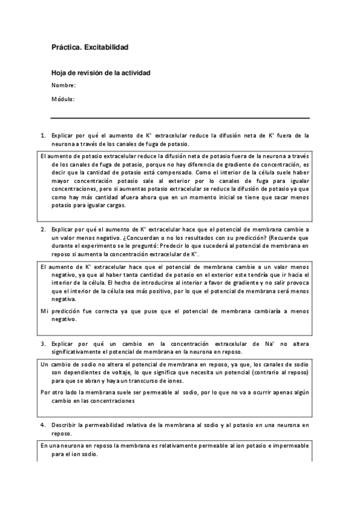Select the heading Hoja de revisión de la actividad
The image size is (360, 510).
(100, 73)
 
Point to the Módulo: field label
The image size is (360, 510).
(63, 99)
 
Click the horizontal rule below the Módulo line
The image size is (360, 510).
(180, 118)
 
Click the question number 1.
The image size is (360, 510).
(43, 136)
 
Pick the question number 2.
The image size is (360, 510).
(43, 230)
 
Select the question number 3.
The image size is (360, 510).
(43, 343)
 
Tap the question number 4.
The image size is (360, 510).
(43, 425)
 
